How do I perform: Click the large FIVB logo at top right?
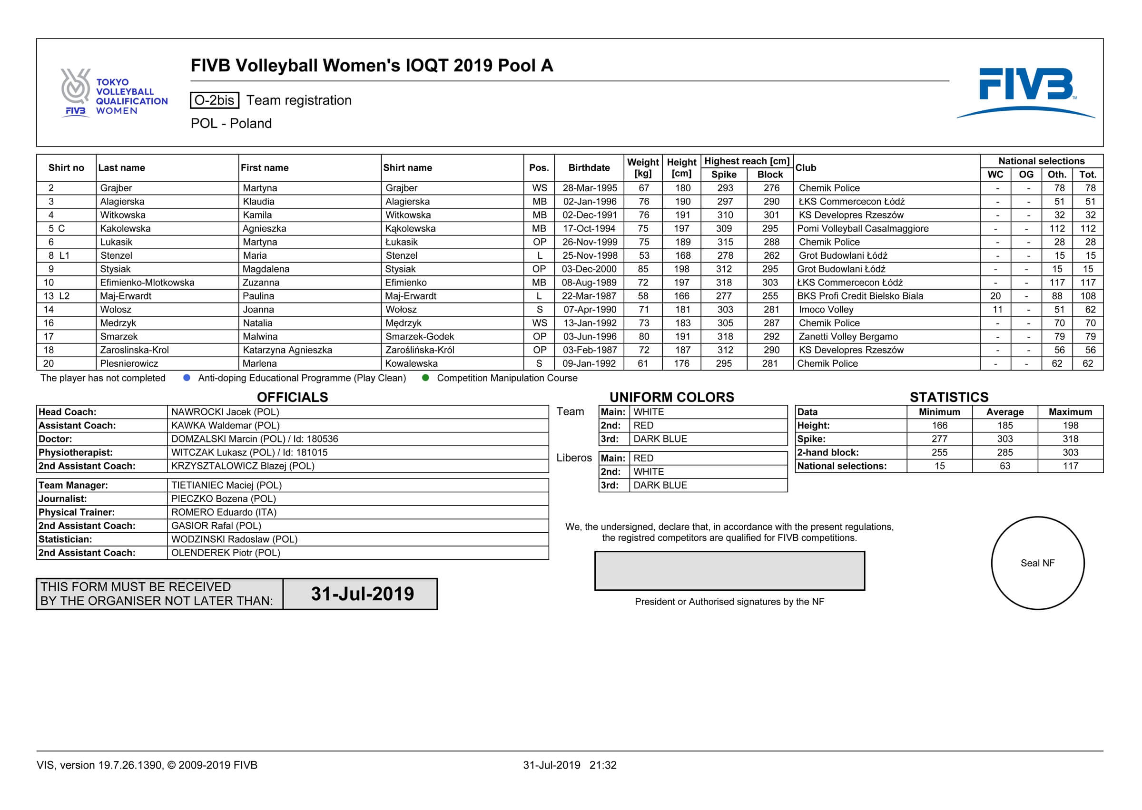click(1025, 92)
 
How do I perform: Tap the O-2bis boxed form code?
click(214, 100)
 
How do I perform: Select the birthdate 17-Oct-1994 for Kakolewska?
click(589, 228)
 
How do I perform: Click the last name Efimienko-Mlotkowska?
click(147, 283)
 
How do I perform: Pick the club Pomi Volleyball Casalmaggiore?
click(863, 228)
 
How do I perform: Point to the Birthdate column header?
click(589, 167)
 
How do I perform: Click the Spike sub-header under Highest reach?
click(723, 175)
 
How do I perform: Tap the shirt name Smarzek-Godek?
click(420, 337)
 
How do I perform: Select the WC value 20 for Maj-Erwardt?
click(995, 296)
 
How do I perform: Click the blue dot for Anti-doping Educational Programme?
click(187, 378)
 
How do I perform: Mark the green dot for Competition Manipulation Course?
click(425, 378)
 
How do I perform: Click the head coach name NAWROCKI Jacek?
click(225, 412)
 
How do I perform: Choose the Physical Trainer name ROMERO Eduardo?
click(224, 512)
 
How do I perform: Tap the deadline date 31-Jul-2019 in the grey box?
click(362, 594)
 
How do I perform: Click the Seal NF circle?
click(1037, 563)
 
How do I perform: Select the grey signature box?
click(729, 571)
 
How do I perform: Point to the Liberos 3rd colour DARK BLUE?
click(660, 485)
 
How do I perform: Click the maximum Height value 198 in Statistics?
click(1070, 425)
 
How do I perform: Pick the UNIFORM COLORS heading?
click(671, 397)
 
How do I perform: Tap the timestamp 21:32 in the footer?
click(603, 765)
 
